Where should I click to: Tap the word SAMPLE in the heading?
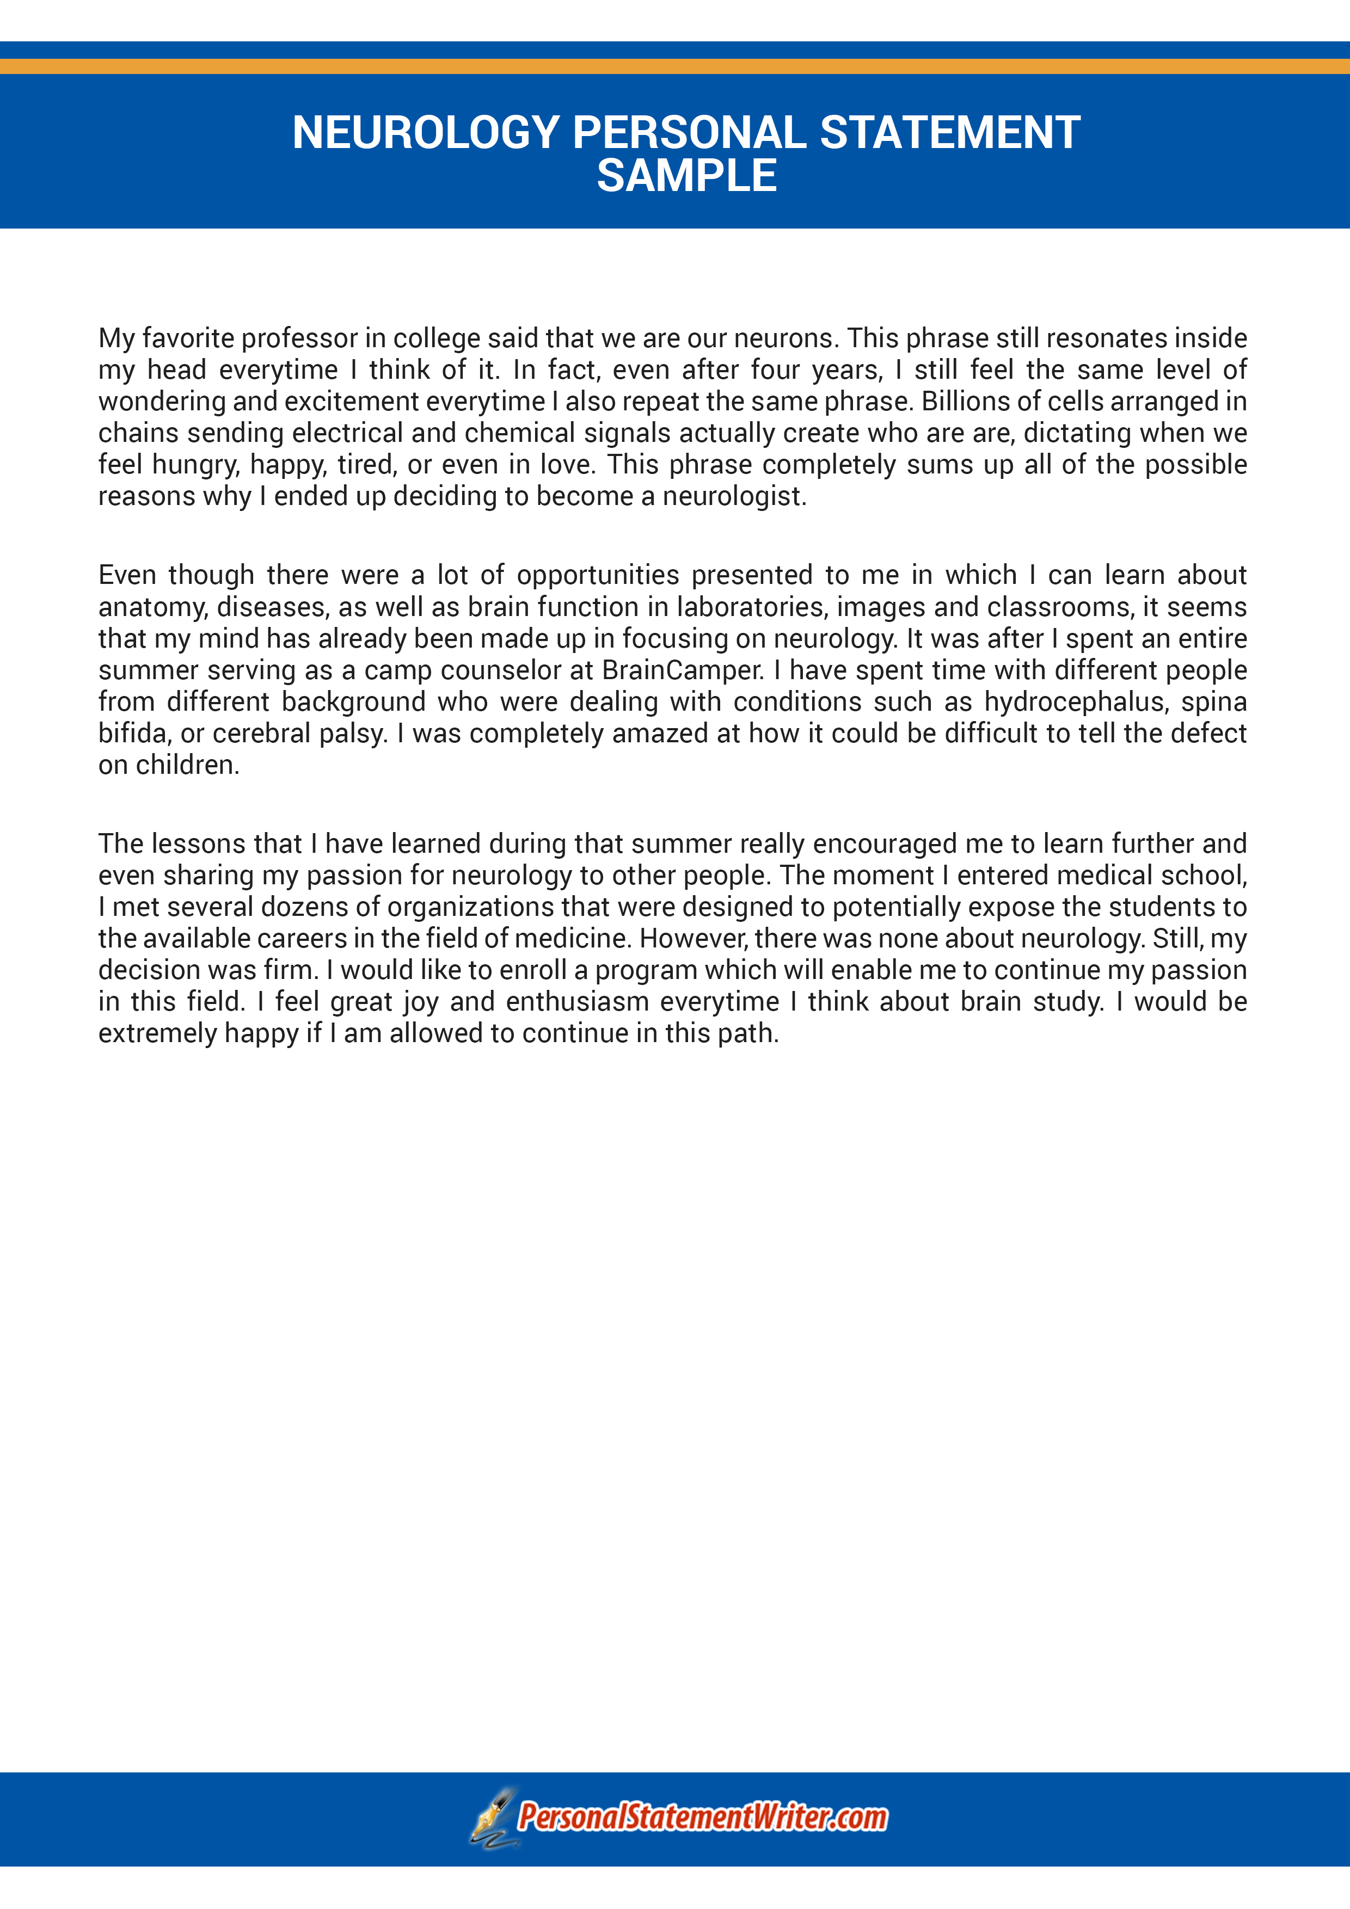pyautogui.click(x=686, y=176)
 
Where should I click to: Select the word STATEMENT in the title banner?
pyautogui.click(x=950, y=133)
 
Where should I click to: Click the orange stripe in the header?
pyautogui.click(x=674, y=66)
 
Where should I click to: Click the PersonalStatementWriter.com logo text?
pyautogui.click(x=702, y=1818)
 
